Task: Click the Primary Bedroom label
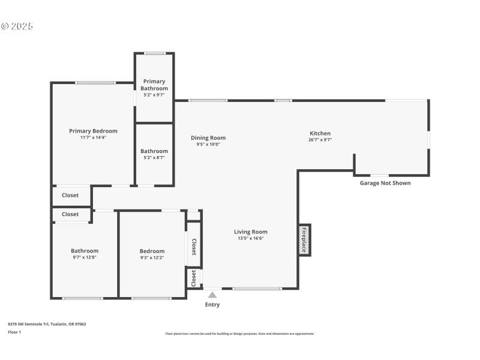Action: [93, 131]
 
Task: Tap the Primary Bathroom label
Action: [154, 85]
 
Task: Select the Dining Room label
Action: [208, 137]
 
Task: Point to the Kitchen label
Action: [320, 133]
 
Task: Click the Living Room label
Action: [250, 232]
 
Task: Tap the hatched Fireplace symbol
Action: [304, 240]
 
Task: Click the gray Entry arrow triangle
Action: [212, 295]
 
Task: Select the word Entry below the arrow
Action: [212, 305]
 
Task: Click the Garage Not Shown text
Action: [385, 183]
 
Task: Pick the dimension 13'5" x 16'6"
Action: [250, 238]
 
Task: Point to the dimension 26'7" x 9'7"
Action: [320, 140]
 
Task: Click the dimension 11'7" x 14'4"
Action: [93, 137]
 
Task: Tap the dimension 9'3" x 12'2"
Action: [152, 257]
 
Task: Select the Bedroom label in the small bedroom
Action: [152, 251]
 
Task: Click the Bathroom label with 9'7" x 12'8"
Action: [85, 251]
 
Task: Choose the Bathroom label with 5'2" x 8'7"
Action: [154, 151]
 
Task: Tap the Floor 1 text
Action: [14, 332]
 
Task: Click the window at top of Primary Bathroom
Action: [154, 53]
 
